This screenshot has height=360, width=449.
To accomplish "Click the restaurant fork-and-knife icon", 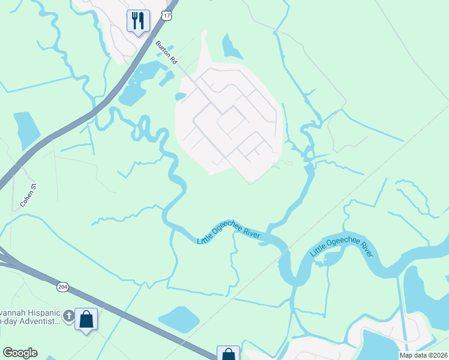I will click(138, 21).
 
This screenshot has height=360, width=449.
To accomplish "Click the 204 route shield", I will click(63, 287).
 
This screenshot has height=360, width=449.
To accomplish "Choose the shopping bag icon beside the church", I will click(86, 319).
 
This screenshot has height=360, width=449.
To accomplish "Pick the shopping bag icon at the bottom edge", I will click(228, 354).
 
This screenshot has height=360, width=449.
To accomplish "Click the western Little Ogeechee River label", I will click(229, 231).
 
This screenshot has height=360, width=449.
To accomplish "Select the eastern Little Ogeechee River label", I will click(342, 246).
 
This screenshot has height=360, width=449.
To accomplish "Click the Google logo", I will click(20, 353).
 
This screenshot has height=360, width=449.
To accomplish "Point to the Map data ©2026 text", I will click(424, 355).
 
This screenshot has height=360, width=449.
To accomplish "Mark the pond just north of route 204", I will click(178, 319).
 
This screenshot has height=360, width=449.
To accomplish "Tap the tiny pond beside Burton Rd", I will click(179, 96).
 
